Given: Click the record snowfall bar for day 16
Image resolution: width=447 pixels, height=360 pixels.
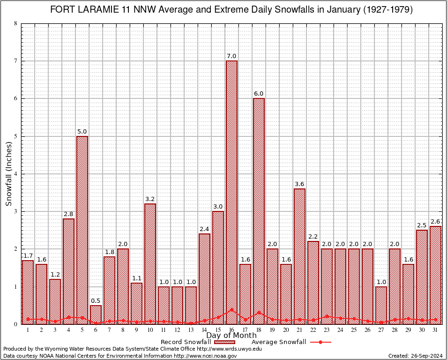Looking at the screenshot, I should click(x=231, y=192).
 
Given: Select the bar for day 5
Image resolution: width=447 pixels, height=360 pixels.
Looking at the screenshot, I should click(x=82, y=230).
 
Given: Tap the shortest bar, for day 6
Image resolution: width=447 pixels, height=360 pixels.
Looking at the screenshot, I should click(x=96, y=315).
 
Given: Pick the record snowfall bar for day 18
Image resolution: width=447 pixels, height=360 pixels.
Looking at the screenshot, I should click(x=259, y=211).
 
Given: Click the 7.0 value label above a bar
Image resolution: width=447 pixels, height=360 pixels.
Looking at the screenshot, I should click(x=231, y=56).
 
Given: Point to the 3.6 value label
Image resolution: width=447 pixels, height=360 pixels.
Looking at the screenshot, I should click(x=299, y=184).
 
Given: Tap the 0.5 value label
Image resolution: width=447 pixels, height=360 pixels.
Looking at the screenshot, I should click(x=96, y=300).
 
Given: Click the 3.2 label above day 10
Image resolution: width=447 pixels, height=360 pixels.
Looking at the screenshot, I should click(x=150, y=199).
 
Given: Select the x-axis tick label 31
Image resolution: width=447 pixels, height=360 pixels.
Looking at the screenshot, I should click(x=435, y=330).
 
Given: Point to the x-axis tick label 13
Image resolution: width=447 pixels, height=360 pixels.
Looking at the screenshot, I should click(x=191, y=330).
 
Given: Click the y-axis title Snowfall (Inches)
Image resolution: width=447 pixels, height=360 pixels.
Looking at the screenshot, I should click(x=9, y=174).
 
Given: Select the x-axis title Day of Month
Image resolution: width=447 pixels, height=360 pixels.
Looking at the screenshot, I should click(x=231, y=335).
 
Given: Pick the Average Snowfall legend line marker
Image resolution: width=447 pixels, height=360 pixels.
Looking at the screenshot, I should click(x=320, y=342).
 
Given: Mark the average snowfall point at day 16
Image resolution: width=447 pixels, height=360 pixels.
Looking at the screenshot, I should click(x=231, y=310).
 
